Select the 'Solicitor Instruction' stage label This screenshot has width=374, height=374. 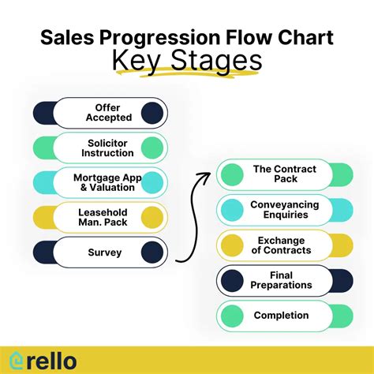(x=107, y=148)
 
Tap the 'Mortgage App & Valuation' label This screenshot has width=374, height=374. (x=107, y=182)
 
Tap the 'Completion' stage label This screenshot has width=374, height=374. (x=281, y=316)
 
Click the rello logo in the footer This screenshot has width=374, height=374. (x=44, y=359)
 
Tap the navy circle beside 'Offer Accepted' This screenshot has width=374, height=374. (x=151, y=112)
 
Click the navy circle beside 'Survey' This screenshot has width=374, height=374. (x=151, y=252)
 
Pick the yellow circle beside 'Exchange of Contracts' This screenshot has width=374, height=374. (x=231, y=245)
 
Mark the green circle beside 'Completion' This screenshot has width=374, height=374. (x=231, y=316)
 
